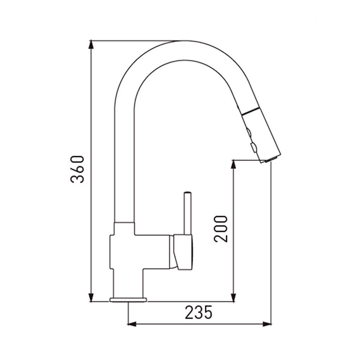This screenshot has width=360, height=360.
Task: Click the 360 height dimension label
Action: point(77,169)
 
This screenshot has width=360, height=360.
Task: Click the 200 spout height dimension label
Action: point(221,229)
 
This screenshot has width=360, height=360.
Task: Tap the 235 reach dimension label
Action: point(199,312)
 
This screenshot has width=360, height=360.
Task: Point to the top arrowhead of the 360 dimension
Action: point(91,44)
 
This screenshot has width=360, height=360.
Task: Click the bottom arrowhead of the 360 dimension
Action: point(91,297)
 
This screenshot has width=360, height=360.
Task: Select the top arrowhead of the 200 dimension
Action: point(233,164)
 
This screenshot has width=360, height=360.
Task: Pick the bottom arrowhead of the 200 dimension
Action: point(233,297)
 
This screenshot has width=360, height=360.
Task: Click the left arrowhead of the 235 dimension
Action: point(132,324)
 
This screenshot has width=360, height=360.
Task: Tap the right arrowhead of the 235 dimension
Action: point(267,324)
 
